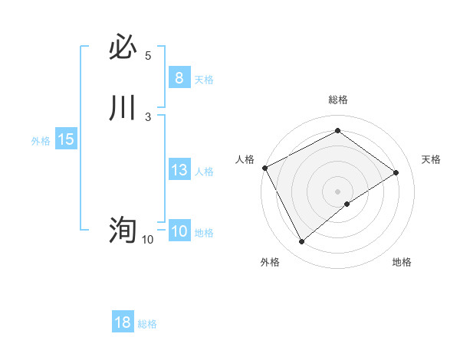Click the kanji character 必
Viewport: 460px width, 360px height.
(123, 49)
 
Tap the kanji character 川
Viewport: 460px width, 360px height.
(123, 108)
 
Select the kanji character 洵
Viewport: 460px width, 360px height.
(123, 230)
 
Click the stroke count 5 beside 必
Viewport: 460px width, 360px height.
(148, 56)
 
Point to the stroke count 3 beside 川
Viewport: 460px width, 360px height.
(148, 116)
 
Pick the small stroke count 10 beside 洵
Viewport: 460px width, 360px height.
(147, 240)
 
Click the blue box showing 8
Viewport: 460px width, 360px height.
(179, 78)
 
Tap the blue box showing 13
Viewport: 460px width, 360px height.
(179, 171)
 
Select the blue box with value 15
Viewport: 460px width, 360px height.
(66, 140)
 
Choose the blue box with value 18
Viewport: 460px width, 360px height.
(123, 323)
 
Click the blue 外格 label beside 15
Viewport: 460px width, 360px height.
(41, 141)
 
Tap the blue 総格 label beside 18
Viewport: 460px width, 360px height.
(147, 324)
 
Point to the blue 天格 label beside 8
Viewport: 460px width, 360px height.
(204, 79)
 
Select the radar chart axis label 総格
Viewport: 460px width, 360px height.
(338, 100)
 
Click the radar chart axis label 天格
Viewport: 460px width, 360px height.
(432, 159)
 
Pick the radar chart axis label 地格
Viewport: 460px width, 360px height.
(402, 262)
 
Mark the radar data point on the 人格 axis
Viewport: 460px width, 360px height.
(264, 167)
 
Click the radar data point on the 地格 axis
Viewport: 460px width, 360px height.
(347, 204)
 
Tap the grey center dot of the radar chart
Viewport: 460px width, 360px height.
(338, 191)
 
